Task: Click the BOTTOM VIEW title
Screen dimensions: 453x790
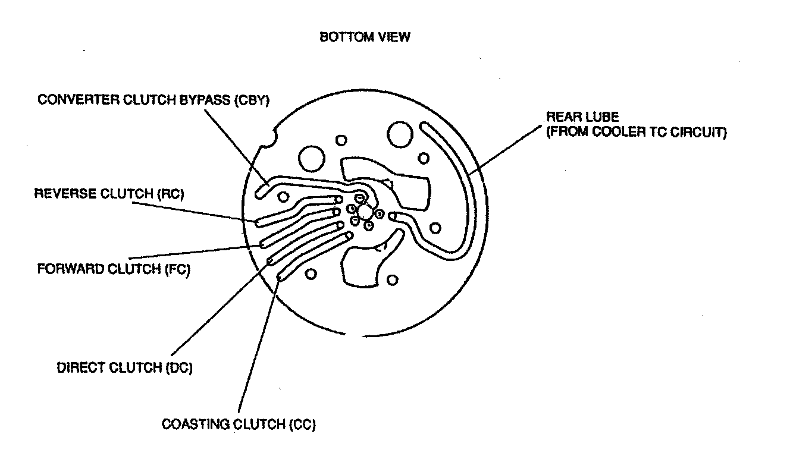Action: coord(365,37)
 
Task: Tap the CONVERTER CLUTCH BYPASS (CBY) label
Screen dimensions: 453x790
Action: coord(154,100)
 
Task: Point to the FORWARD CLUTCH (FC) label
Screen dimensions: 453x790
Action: coord(113,269)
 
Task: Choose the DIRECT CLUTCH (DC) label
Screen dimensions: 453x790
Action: coord(124,367)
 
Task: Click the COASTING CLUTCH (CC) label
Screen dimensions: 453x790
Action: coord(239,424)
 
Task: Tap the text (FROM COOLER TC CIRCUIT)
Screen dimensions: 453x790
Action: coord(637,132)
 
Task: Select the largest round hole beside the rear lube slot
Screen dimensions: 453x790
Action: coord(400,136)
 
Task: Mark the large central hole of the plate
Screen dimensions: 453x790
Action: coord(365,212)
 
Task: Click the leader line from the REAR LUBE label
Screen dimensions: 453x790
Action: coord(506,148)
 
